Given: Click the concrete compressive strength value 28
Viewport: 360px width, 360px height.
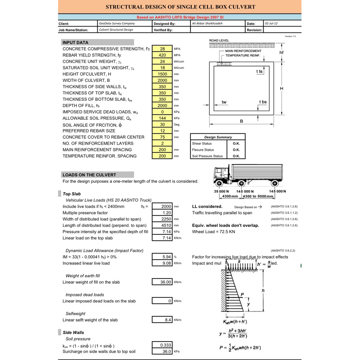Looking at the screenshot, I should pyautogui.click(x=162, y=49).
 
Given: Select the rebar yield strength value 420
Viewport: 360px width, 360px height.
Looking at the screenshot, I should pyautogui.click(x=162, y=55).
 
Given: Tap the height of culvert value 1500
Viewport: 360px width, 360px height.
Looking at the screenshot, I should pyautogui.click(x=162, y=74).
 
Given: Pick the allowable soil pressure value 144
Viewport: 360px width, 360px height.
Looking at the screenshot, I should pyautogui.click(x=162, y=118).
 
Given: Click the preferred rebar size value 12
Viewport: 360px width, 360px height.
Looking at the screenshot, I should pyautogui.click(x=162, y=130).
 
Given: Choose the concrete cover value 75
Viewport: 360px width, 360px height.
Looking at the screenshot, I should pyautogui.click(x=162, y=137).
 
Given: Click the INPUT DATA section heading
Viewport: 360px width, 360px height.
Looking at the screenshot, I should pyautogui.click(x=75, y=42).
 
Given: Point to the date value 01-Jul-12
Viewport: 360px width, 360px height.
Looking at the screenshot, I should pyautogui.click(x=271, y=23).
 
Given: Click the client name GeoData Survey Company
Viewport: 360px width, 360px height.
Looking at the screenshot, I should pyautogui.click(x=117, y=23).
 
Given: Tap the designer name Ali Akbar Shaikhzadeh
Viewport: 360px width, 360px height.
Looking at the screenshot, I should pyautogui.click(x=207, y=23).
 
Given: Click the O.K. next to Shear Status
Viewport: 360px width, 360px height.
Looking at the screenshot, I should pyautogui.click(x=236, y=144).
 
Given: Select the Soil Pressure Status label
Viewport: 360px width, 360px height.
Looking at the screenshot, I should pyautogui.click(x=207, y=156).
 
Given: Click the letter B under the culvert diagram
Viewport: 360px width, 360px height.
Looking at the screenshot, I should pyautogui.click(x=241, y=121).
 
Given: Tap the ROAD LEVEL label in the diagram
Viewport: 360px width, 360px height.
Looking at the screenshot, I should pyautogui.click(x=219, y=40).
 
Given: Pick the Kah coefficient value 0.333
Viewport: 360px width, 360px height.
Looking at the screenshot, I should pyautogui.click(x=162, y=345).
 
